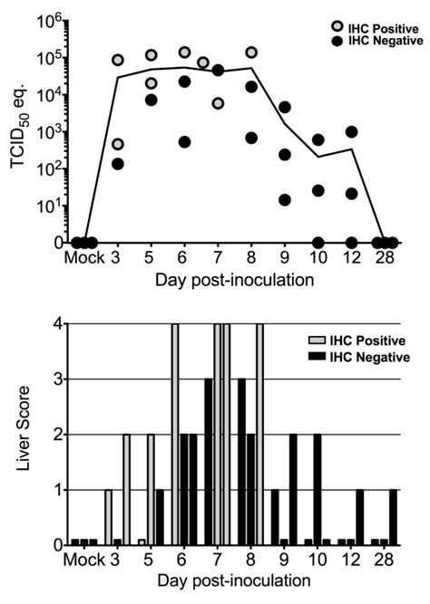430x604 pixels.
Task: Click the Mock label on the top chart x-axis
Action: pos(83,261)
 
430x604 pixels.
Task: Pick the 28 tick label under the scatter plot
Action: pos(386,261)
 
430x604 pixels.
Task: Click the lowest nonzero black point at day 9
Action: pos(285,200)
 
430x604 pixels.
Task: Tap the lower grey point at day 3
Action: pos(118,145)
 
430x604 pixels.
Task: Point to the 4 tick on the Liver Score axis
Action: pos(55,323)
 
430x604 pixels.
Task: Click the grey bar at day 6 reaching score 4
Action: pos(174,435)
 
